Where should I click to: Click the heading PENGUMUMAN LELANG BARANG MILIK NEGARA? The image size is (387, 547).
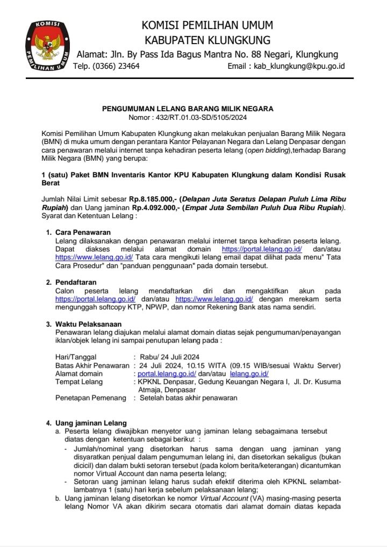tap(188, 109)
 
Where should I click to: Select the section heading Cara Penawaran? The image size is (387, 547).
tap(83, 232)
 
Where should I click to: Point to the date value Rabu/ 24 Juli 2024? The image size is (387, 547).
tap(169, 357)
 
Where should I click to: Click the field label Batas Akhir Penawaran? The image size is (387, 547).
tap(92, 365)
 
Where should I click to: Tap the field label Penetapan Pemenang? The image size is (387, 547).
tap(89, 398)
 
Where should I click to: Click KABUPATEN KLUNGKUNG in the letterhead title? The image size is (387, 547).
tap(207, 40)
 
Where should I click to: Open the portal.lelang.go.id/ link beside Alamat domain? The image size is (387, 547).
tap(167, 373)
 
